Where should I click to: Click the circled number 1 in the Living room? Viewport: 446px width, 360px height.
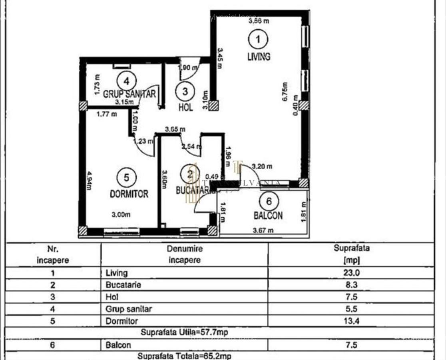coord(258,39)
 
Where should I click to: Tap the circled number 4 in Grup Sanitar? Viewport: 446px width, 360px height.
coord(127,81)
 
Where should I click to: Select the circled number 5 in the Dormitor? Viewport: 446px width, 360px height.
coord(127,178)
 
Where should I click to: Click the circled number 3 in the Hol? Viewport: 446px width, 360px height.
coord(185,91)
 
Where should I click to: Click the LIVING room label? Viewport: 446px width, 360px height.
coord(259,56)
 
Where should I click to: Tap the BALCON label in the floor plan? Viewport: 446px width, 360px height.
coord(268,216)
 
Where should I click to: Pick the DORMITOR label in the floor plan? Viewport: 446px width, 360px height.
coord(129,194)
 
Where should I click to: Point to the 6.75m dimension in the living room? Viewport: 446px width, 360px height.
coord(285,92)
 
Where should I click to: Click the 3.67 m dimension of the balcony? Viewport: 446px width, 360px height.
coord(263,230)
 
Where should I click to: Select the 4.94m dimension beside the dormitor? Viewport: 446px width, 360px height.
coord(90,181)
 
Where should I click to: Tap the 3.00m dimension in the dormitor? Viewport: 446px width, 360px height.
coord(121,215)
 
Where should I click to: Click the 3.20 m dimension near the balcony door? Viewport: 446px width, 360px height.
coord(262,166)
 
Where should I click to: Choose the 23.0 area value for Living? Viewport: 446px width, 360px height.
coord(351,273)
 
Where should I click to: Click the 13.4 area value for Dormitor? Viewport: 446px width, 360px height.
coord(351,321)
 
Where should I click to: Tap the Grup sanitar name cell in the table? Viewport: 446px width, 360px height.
coord(129,309)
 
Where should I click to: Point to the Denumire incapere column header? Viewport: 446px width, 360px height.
coord(185,254)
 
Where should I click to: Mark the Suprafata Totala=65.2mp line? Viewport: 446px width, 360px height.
coord(185,356)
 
